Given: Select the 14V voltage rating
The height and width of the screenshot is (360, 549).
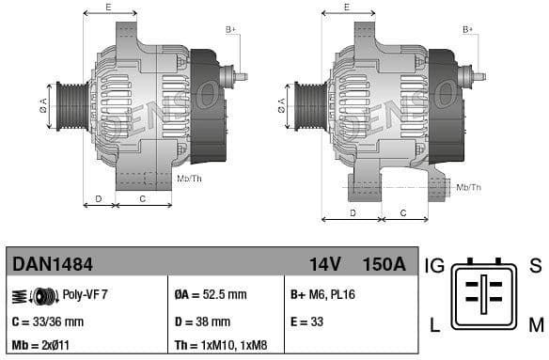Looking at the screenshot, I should click(325, 265).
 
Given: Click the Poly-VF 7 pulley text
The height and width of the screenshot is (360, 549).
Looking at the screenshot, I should click(86, 295).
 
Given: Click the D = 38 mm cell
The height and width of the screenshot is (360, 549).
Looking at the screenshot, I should click(199, 321).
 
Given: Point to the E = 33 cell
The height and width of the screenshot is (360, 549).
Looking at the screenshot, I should click(307, 321).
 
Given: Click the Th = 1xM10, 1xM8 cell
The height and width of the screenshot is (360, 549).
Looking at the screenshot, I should click(214, 344).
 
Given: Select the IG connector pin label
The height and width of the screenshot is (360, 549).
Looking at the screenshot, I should click(435, 266).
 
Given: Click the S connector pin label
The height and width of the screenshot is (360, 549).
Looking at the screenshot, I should click(535, 266).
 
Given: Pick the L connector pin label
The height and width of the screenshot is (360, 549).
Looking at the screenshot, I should click(434, 325).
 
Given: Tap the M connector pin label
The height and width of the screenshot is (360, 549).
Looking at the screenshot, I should click(535, 325).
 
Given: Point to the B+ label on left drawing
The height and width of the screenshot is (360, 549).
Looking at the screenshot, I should click(231, 30).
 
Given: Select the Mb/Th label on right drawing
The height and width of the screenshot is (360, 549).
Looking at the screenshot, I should click(469, 188).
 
